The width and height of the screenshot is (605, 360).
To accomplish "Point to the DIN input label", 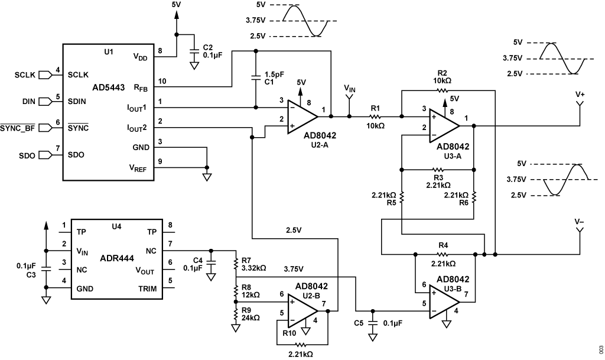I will [28, 101].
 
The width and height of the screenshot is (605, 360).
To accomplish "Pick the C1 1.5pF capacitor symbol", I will [256, 77].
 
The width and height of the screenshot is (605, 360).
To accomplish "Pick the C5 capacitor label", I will [359, 323].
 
